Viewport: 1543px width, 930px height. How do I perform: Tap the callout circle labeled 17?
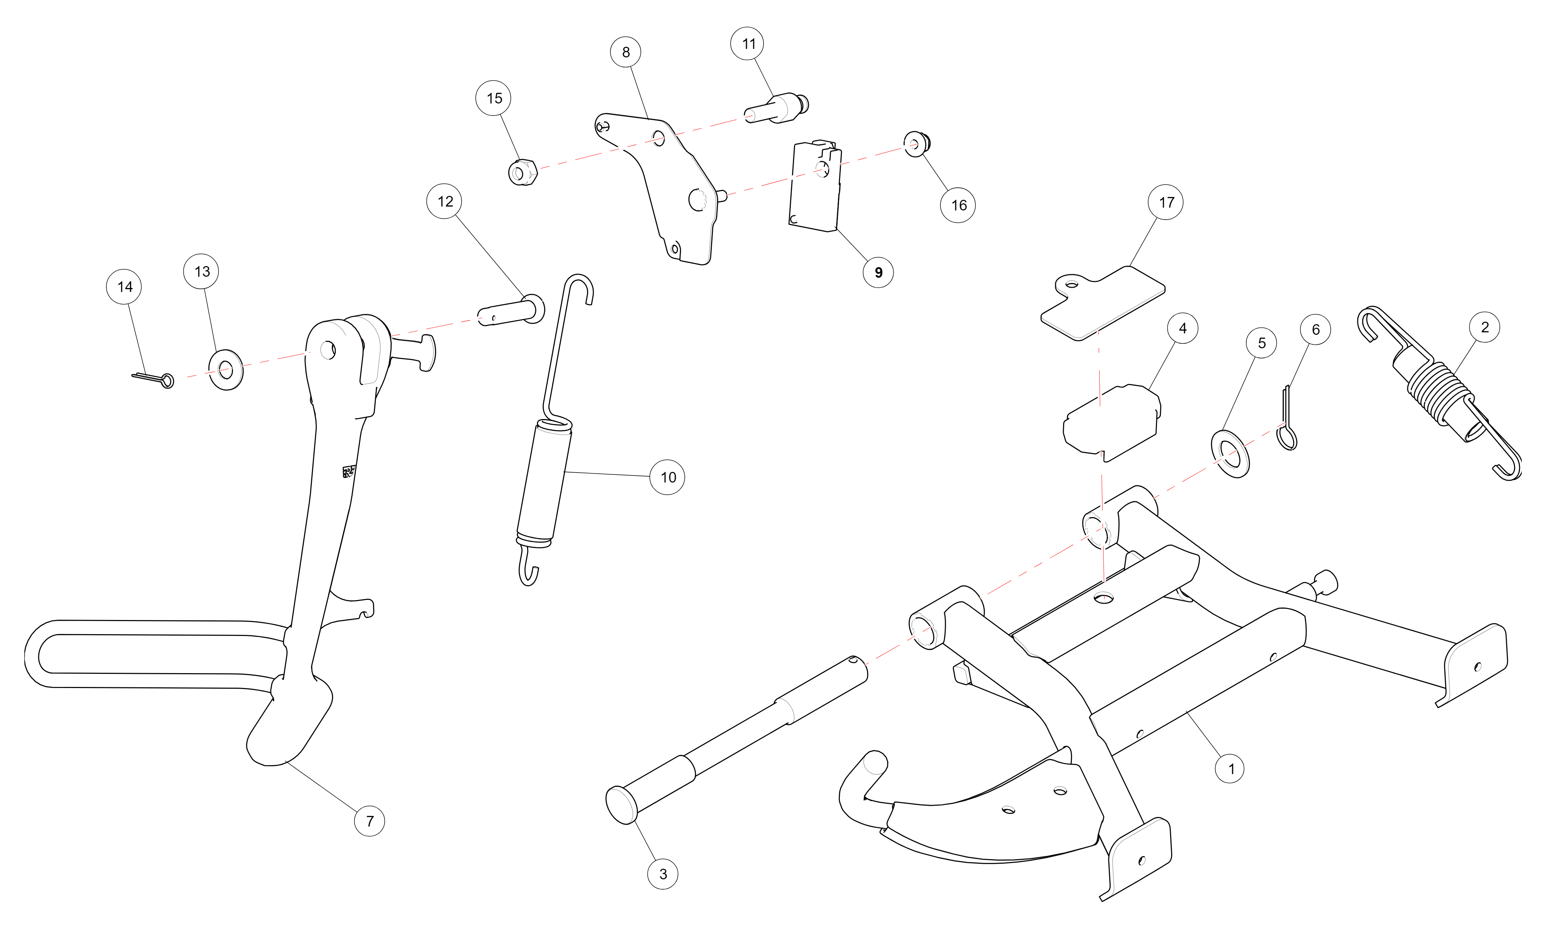(1165, 202)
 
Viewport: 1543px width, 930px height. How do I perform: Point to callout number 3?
(663, 874)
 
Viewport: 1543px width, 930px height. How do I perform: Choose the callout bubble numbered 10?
(667, 477)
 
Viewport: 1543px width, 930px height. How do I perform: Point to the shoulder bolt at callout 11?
(777, 108)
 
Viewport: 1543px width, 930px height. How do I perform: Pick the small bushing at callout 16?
(916, 144)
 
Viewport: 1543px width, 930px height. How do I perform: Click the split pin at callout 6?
(1287, 419)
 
